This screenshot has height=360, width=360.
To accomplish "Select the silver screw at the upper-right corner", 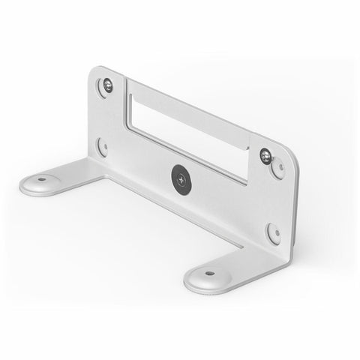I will (x=265, y=155).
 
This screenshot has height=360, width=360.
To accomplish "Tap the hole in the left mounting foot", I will (x=41, y=180).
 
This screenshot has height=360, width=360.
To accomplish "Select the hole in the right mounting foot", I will (x=209, y=273).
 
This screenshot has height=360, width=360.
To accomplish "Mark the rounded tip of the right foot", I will (x=192, y=283).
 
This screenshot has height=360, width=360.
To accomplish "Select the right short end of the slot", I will (x=250, y=169).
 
